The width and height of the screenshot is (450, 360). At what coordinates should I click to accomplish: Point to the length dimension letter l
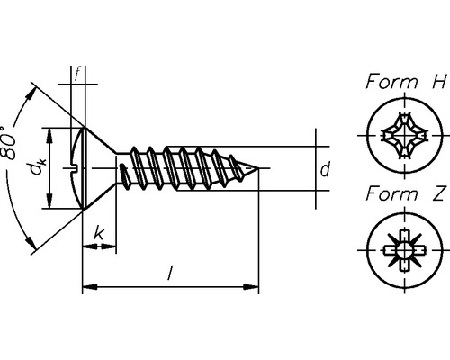170,274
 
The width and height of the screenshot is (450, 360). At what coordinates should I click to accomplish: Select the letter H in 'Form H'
438,82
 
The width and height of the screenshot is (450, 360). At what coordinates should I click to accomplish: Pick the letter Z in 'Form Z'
438,193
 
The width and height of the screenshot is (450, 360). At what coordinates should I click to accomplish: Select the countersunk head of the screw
85,168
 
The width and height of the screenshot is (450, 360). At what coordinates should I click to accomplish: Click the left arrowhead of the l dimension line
87,288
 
